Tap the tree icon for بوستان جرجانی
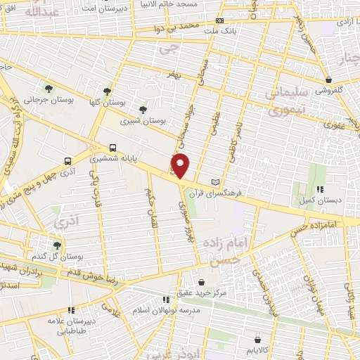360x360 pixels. tap(49, 88)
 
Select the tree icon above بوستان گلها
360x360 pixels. tap(107, 91)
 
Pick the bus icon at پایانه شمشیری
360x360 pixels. tap(113, 148)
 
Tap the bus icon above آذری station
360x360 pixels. tap(67, 160)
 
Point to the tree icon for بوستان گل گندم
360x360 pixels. tap(56, 245)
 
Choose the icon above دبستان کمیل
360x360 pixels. tap(320, 188)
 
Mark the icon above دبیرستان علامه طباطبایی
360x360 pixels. tap(70, 309)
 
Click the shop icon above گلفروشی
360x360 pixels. tap(328, 79)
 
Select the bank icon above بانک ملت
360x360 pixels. tap(220, 21)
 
